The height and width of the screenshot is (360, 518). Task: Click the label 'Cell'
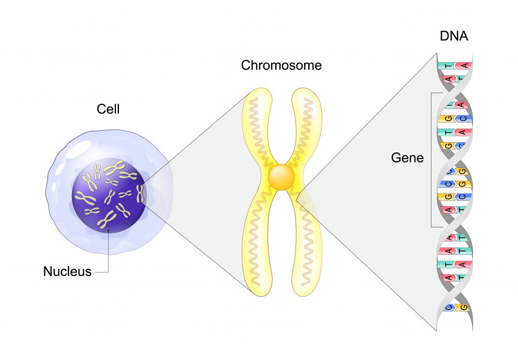[x=108, y=108]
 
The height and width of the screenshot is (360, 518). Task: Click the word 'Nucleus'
[x=67, y=271]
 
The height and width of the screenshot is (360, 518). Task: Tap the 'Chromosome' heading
[x=281, y=65]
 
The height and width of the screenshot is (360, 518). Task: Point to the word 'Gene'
[x=407, y=158]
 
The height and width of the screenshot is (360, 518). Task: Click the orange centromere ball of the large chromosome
[x=281, y=178]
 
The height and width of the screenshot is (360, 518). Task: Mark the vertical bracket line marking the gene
[x=431, y=159]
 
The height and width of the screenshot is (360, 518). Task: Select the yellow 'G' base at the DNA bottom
[x=463, y=307]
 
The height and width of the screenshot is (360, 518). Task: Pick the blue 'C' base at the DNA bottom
[x=447, y=307]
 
